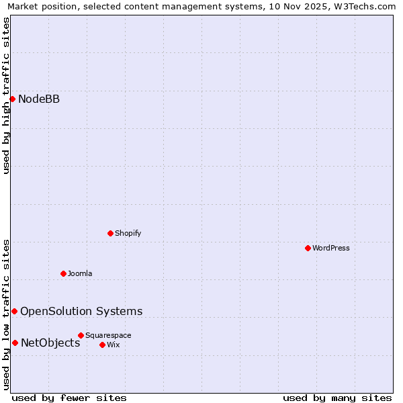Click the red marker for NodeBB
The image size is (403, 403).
[12, 99]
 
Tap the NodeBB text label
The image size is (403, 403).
[39, 99]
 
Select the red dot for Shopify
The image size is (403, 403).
[110, 233]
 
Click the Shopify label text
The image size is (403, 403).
[128, 233]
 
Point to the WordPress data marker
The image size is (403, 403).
[308, 248]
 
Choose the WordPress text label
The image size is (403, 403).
[330, 248]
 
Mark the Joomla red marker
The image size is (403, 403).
[63, 273]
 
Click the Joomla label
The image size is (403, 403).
[80, 273]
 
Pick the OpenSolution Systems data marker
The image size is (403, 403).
[14, 311]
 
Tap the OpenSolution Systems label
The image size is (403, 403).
[81, 311]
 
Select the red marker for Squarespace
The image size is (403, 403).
[81, 335]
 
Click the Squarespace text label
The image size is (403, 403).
[108, 335]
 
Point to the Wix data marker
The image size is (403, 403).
[102, 345]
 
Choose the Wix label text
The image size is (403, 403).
[113, 345]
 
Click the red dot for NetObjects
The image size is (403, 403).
[15, 343]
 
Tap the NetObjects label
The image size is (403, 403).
[50, 343]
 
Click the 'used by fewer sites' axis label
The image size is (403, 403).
[69, 398]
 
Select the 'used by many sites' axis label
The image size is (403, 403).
[337, 398]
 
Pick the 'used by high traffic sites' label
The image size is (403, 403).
[6, 95]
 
